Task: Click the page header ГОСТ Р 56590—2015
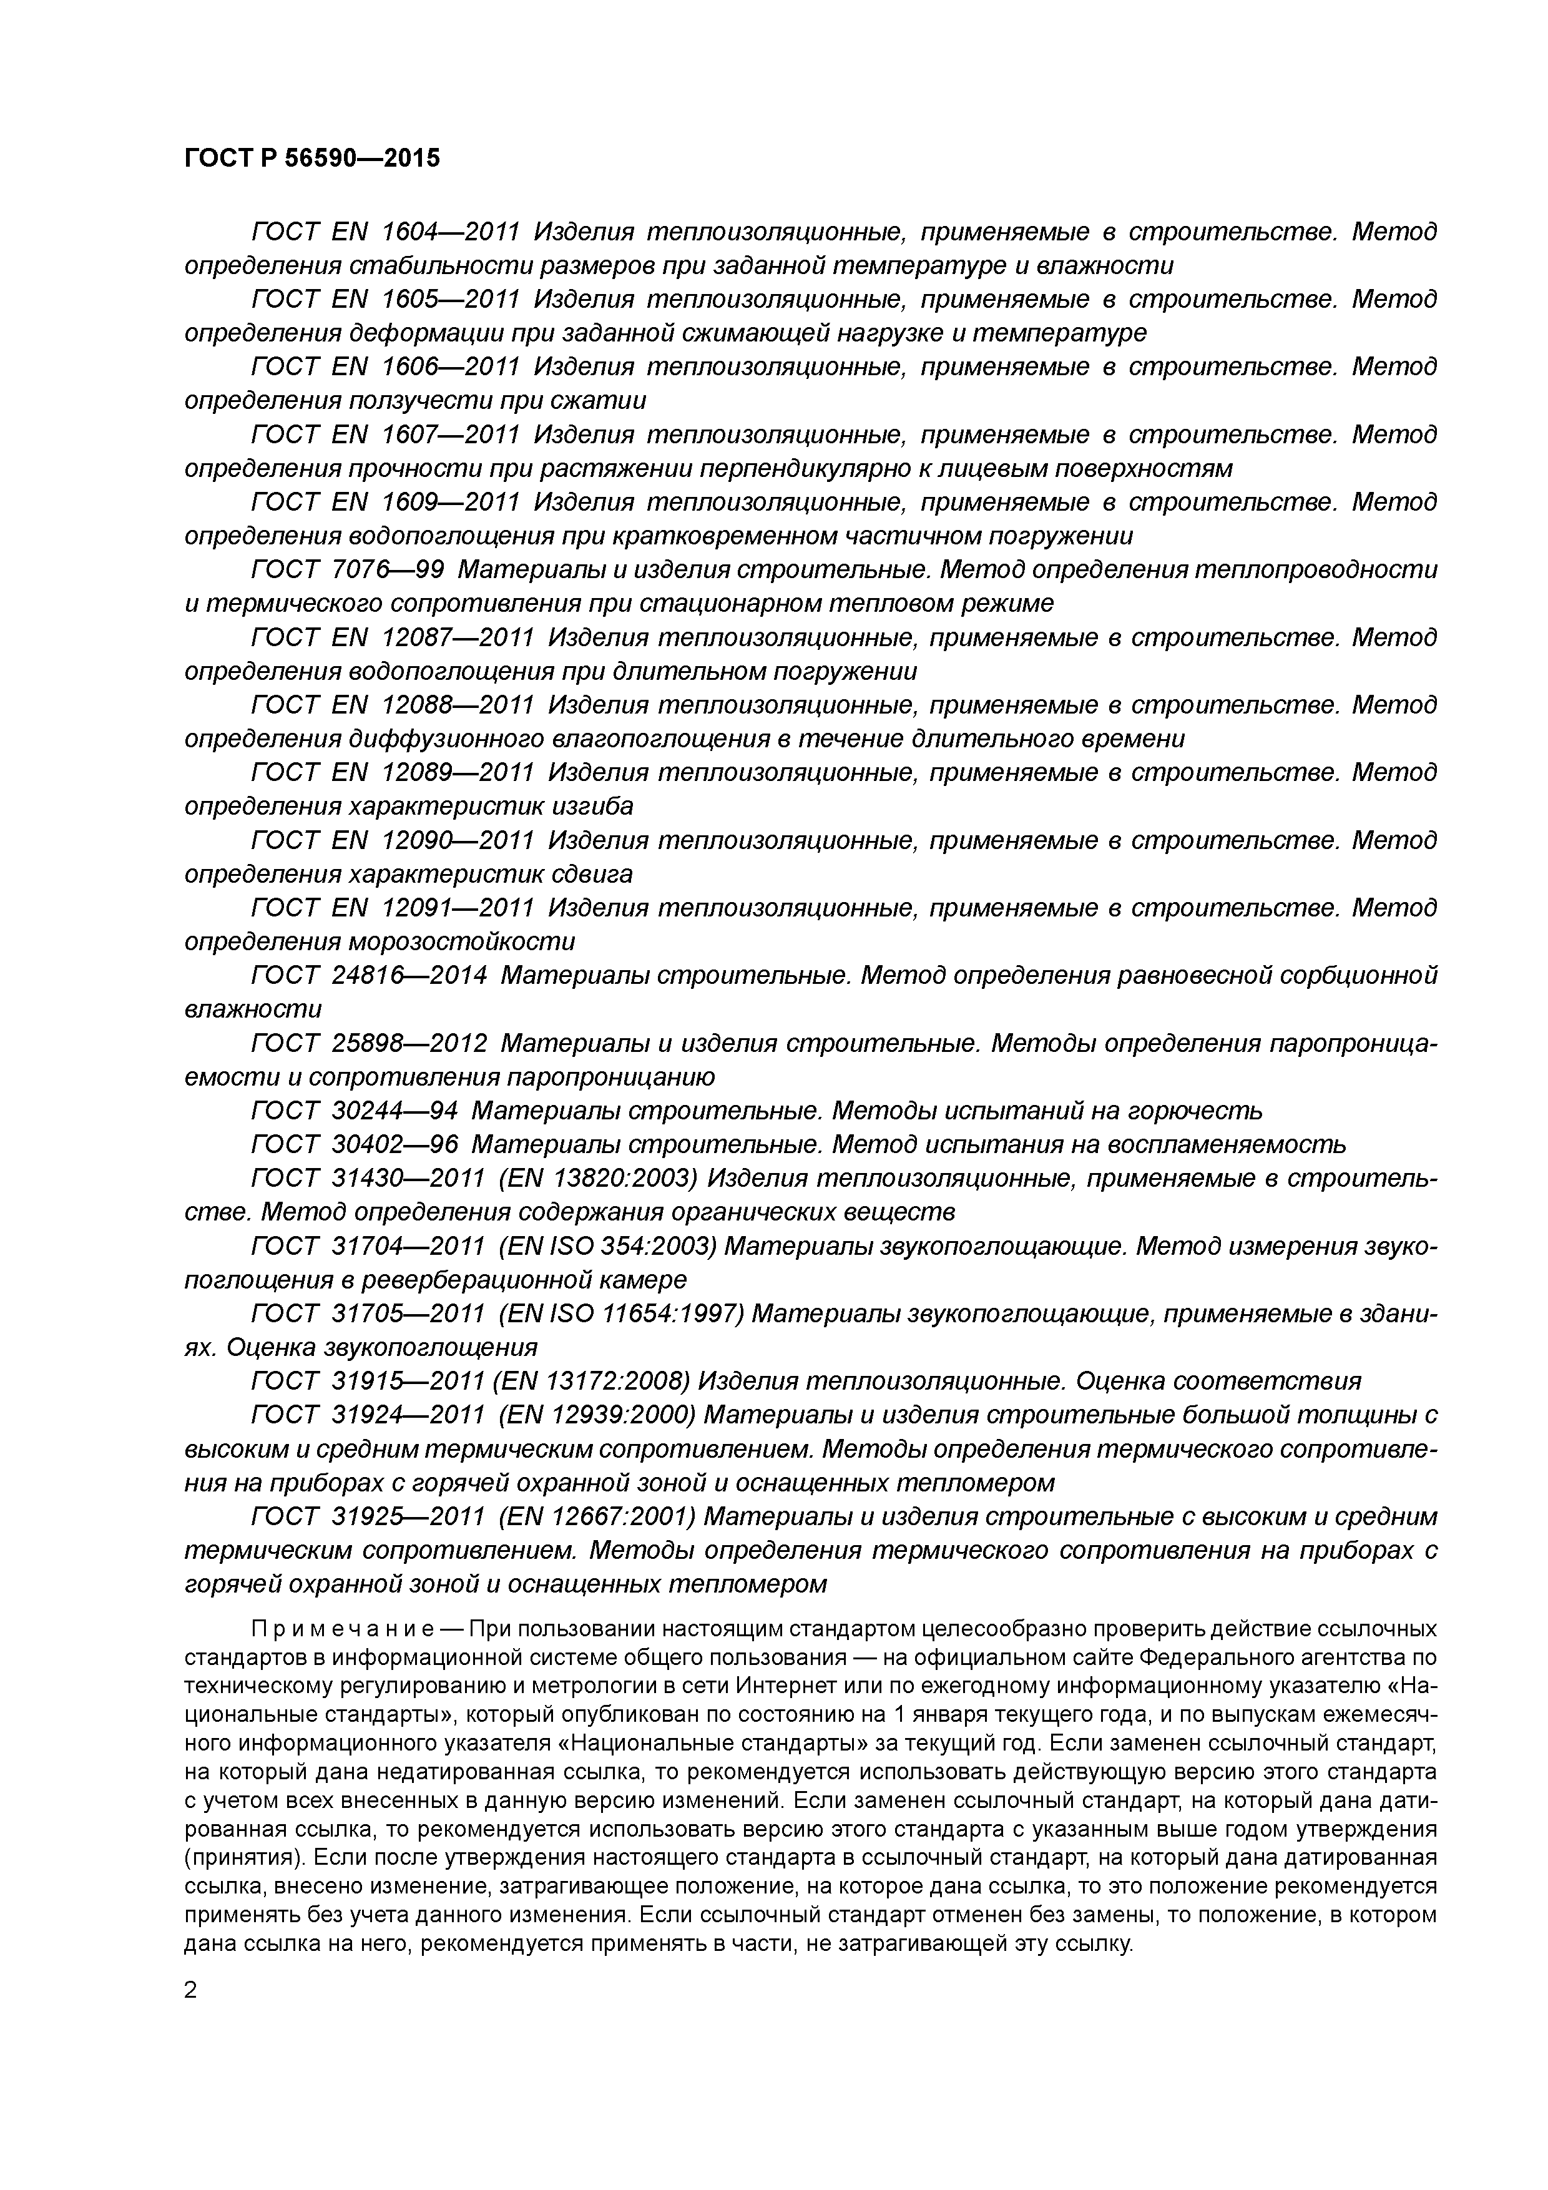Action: (312, 159)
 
